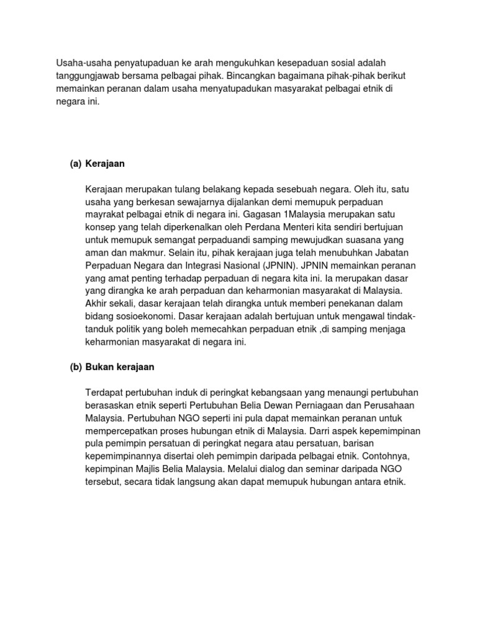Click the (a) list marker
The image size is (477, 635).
point(76,164)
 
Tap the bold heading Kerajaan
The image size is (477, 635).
point(106,164)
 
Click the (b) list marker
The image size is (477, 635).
point(76,366)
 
